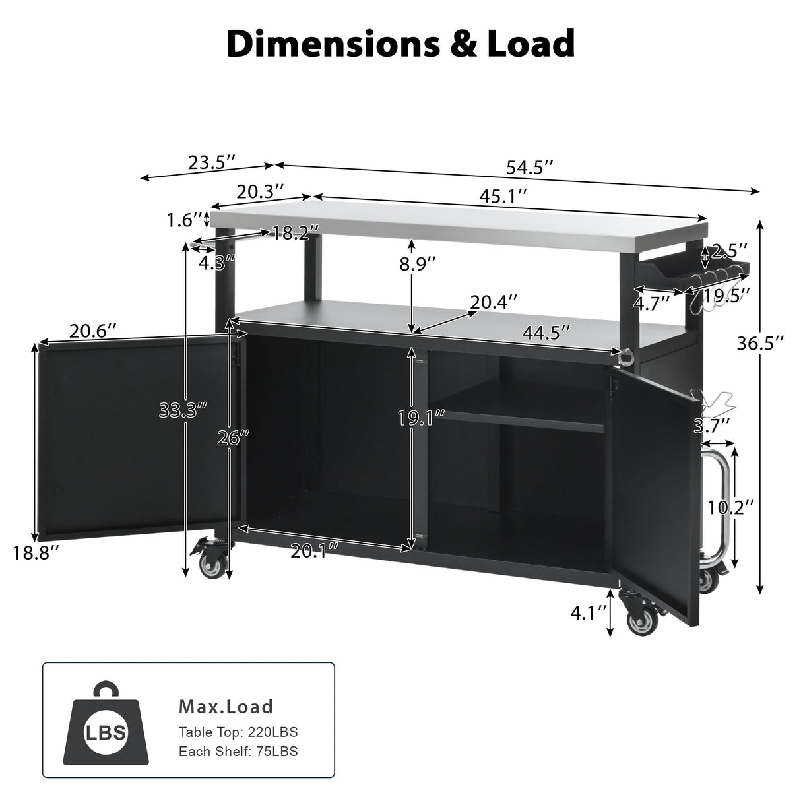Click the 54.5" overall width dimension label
coord(529,168)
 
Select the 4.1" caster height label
coord(587,613)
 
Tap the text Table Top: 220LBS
coord(238,732)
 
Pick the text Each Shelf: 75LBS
coord(238,751)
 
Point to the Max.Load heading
coord(226,707)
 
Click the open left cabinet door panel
coord(132,439)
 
